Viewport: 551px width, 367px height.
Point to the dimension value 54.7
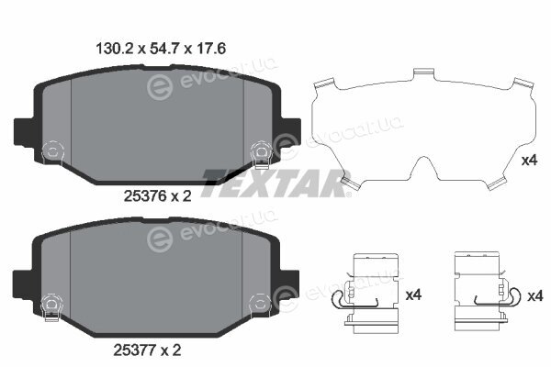coord(164,49)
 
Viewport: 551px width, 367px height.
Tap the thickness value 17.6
coord(210,49)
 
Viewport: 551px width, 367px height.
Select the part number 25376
coord(145,196)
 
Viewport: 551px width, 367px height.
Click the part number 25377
coord(135,350)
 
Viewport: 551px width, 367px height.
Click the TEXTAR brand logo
coord(275,183)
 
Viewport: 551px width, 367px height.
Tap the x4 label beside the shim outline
coord(529,161)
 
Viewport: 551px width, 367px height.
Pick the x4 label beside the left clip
coord(413,295)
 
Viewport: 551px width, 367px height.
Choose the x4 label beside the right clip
coord(535,296)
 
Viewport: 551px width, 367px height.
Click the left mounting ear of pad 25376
coord(25,132)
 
